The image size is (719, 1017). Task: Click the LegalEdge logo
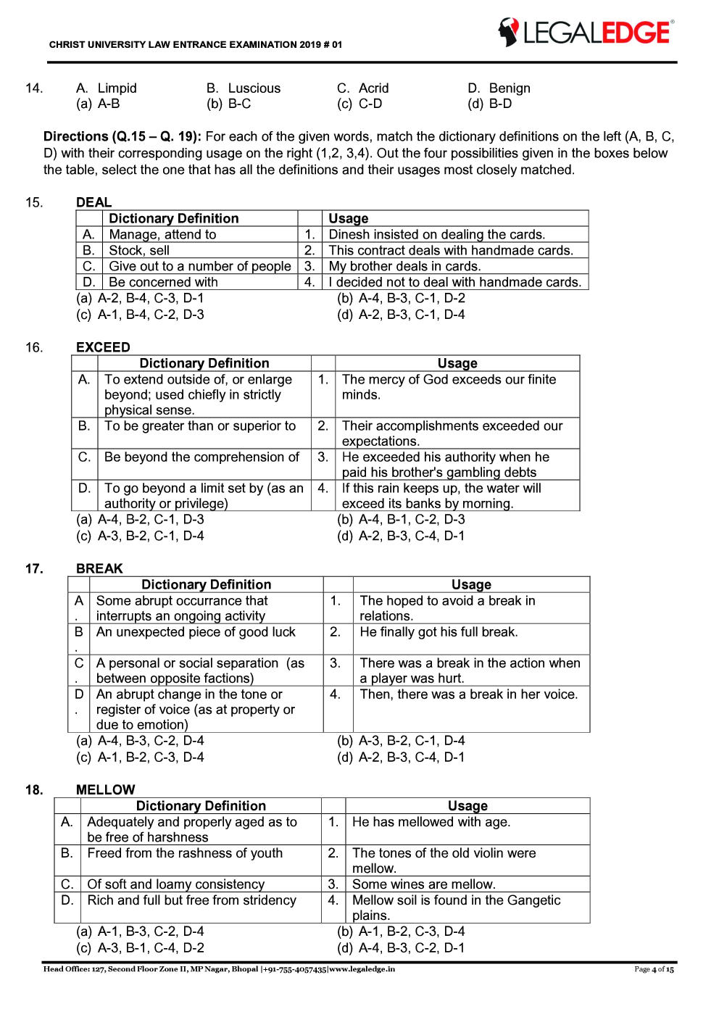tap(586, 32)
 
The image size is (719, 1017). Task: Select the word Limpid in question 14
tap(117, 88)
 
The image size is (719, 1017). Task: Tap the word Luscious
tap(254, 88)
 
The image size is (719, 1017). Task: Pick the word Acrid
tap(373, 88)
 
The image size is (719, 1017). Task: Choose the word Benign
tap(509, 88)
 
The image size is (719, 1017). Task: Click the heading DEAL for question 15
tap(93, 202)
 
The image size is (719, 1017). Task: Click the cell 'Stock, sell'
tap(139, 250)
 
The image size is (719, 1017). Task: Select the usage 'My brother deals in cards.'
tap(404, 266)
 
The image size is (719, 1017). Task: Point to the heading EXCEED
tap(103, 347)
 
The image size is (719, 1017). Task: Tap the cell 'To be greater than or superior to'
tap(200, 426)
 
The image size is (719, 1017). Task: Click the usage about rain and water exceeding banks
tap(441, 496)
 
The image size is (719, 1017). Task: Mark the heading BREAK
tap(99, 568)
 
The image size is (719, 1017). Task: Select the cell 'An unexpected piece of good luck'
tap(196, 632)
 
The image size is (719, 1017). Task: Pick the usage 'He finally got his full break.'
tap(439, 632)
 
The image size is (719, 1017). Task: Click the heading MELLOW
tap(105, 789)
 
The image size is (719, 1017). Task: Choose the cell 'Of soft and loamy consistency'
tap(175, 884)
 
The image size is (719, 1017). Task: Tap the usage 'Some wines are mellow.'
tap(423, 884)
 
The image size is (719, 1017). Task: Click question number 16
tap(34, 347)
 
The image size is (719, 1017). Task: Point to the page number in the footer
tap(654, 969)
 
